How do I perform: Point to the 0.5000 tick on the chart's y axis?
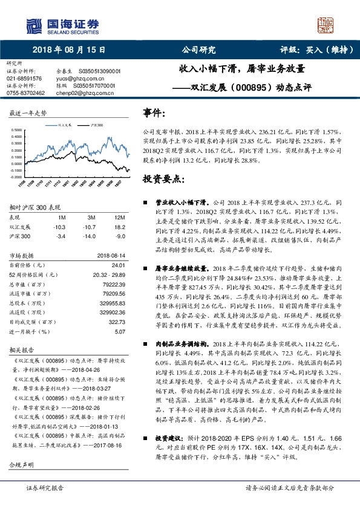[17, 130]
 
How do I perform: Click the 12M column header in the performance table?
[119, 217]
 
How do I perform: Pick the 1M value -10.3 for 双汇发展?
[59, 227]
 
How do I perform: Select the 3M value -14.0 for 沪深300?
[92, 236]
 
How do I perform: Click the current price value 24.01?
[118, 265]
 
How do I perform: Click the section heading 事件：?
[154, 113]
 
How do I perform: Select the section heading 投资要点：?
[162, 180]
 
